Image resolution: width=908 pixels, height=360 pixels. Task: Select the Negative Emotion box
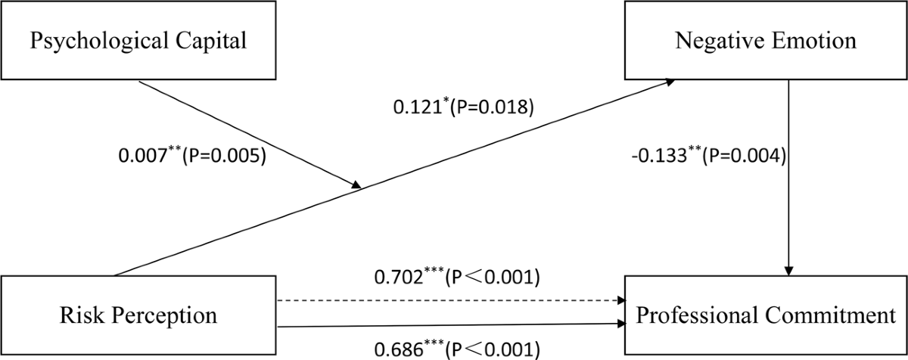pyautogui.click(x=767, y=40)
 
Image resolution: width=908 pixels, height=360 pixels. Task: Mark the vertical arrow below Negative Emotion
pyautogui.click(x=789, y=174)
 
